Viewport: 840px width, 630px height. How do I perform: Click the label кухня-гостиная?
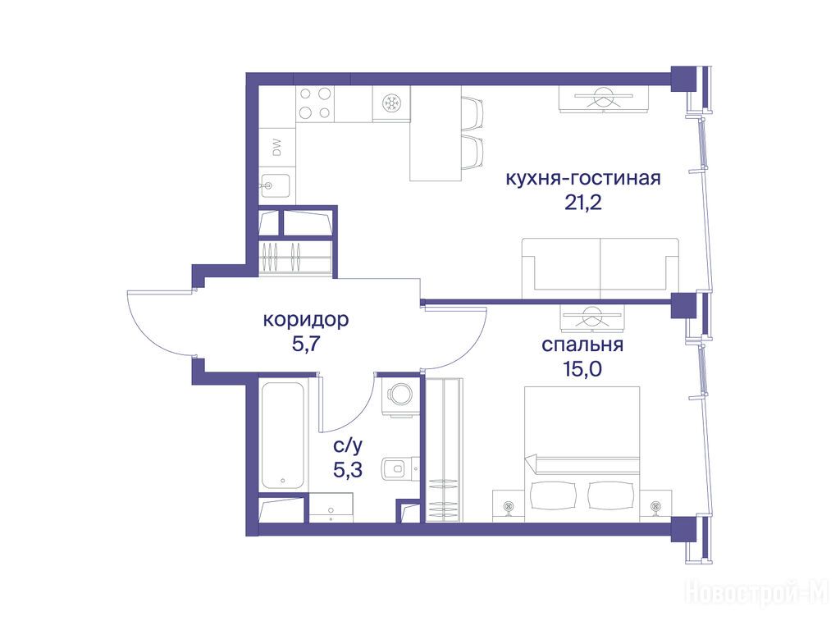point(583,178)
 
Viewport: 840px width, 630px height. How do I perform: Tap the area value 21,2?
point(583,203)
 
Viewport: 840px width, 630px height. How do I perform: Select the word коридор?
point(306,320)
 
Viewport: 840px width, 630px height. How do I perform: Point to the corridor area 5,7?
point(306,344)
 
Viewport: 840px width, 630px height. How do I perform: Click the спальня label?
point(582,345)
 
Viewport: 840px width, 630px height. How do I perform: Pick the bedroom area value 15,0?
point(582,368)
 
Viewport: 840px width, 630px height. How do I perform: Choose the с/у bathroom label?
point(348,445)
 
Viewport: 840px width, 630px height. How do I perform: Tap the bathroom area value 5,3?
point(348,470)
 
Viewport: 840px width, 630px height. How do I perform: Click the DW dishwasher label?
point(277,148)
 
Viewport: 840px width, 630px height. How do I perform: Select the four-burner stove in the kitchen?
point(314,103)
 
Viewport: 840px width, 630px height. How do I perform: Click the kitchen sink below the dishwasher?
point(275,186)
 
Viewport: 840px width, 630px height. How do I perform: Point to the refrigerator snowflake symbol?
point(391,103)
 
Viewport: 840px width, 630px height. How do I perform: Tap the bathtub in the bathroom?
point(283,435)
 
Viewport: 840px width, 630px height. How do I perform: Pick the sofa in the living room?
point(600,268)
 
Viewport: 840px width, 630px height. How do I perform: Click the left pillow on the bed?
point(553,495)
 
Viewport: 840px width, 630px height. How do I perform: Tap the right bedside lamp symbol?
point(655,505)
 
